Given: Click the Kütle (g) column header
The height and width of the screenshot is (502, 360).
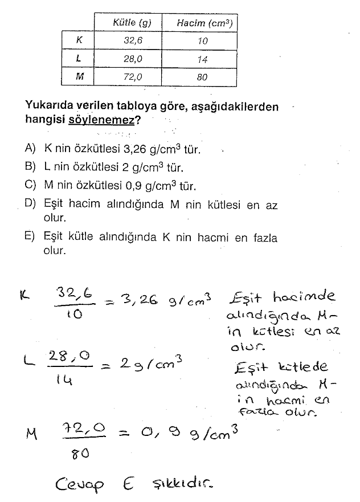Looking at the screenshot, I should tap(128, 23).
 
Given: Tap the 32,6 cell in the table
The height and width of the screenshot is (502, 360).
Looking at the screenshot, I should tap(128, 40).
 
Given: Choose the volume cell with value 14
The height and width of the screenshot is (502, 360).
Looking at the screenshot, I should tap(202, 59).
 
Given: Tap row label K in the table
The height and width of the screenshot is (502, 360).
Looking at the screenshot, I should tap(79, 40).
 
